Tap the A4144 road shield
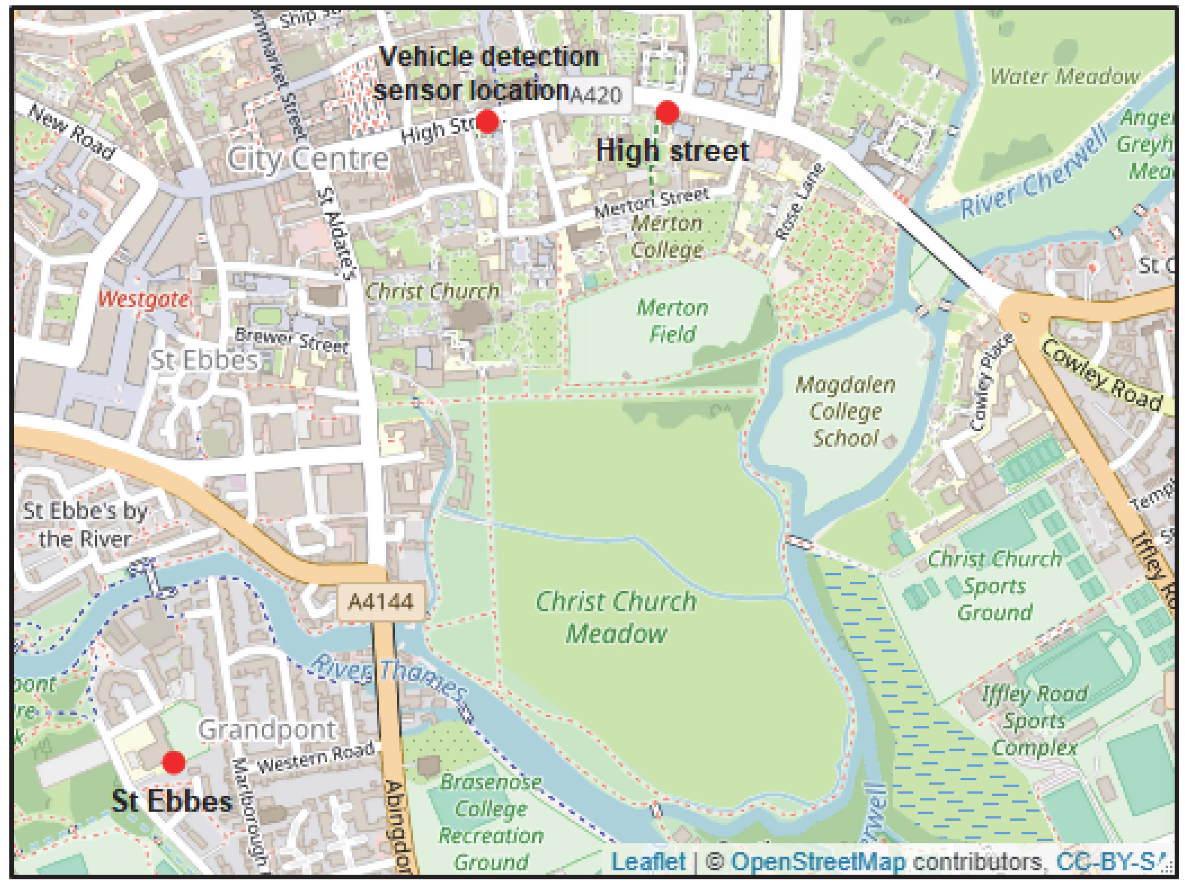coord(381,602)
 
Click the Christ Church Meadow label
coord(616,617)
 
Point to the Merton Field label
coord(672,321)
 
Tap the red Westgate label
coord(143,299)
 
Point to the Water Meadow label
coord(1065,76)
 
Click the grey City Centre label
coord(308,159)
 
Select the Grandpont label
coord(267,729)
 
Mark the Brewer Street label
coord(291,339)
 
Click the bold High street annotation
coord(672,151)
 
